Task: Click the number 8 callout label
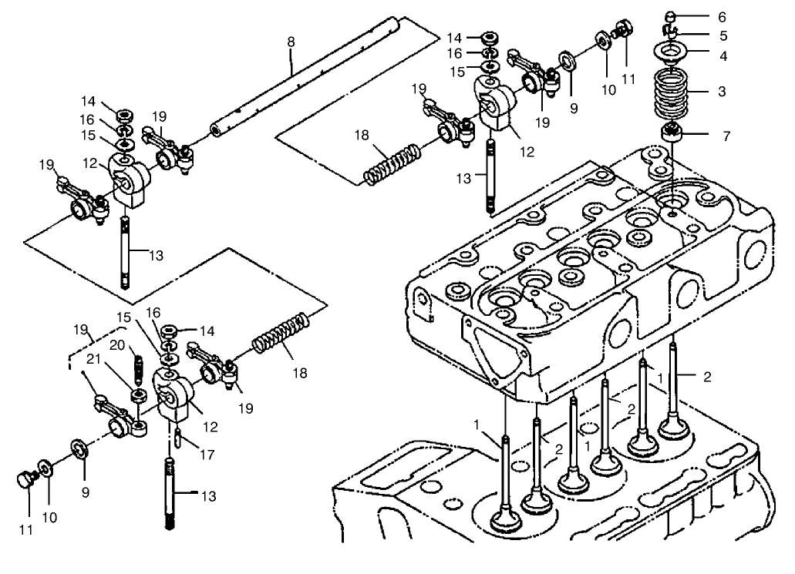tap(291, 42)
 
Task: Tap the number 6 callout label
tap(722, 16)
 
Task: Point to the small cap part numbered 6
tap(672, 16)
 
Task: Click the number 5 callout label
tap(722, 35)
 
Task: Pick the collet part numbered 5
tap(671, 32)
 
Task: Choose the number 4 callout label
tap(722, 55)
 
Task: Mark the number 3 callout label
tap(722, 92)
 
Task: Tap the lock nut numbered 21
tap(140, 395)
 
